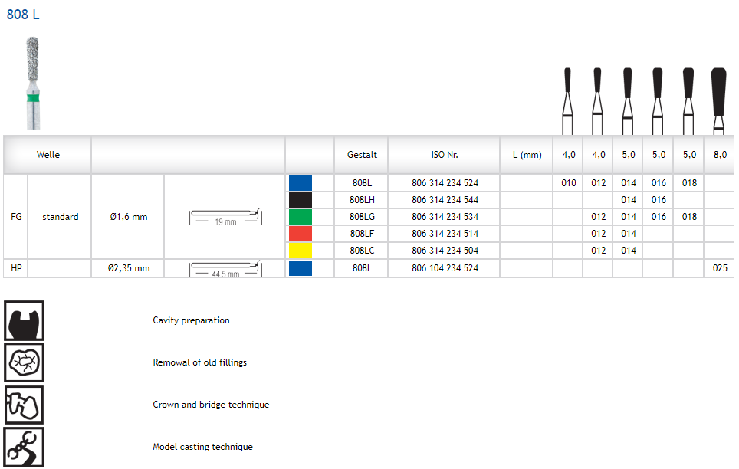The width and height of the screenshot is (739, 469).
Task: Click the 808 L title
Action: pos(23,15)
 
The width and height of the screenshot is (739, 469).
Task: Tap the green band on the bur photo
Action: pos(33,98)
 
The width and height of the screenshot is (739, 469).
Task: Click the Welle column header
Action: pos(48,155)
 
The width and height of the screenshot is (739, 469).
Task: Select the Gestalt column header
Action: pos(362,155)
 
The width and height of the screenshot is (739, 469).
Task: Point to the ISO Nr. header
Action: pos(445,155)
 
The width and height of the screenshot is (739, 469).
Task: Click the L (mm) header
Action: pos(527,155)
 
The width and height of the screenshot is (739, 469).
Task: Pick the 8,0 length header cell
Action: pos(720,155)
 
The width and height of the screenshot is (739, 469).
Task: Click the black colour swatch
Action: pos(301,200)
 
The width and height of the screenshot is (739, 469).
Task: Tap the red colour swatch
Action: pos(301,233)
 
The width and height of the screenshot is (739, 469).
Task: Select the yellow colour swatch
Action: pos(301,251)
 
